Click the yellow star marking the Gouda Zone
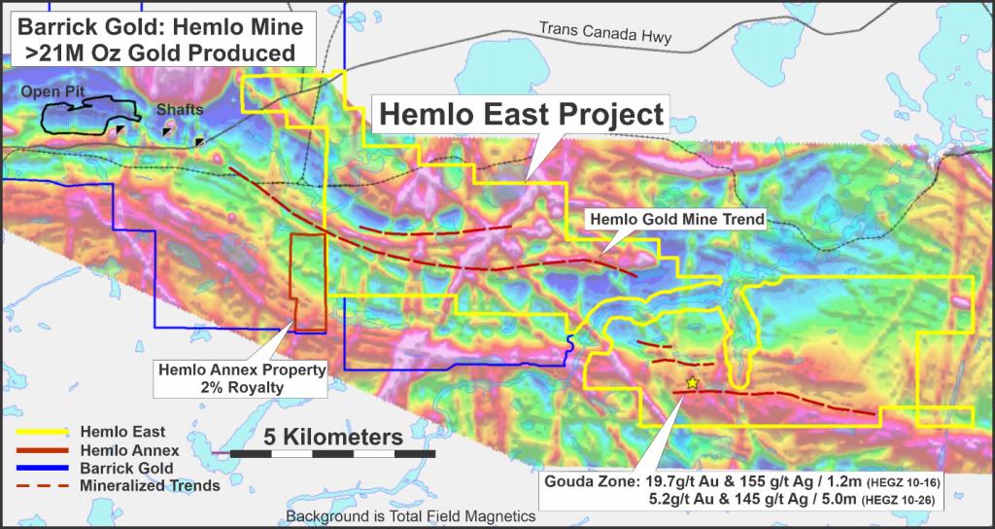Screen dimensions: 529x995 click(692, 383)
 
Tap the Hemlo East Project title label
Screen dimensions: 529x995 click(521, 115)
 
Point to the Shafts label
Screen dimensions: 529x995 click(181, 110)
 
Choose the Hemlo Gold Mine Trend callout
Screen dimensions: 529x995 click(675, 220)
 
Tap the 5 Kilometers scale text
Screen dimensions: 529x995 click(332, 437)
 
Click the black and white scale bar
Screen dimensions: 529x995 click(332, 454)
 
